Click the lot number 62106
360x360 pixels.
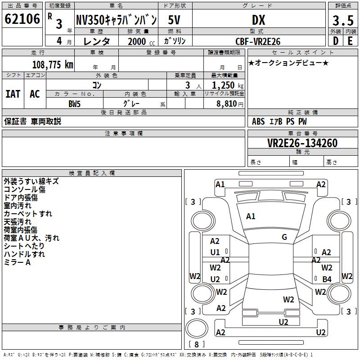click(22, 19)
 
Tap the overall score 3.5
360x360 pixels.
click(343, 20)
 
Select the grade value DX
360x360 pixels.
click(258, 20)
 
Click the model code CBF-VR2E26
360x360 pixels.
click(258, 41)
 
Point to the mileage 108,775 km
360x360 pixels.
click(53, 64)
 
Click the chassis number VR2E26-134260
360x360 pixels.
click(302, 143)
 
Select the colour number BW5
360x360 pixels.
click(74, 104)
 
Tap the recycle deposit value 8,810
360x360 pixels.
click(226, 103)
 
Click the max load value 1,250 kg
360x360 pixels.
click(228, 85)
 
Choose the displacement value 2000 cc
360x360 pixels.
click(141, 41)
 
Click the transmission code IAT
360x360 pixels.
click(13, 94)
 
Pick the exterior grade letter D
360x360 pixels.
click(336, 41)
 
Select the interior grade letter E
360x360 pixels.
click(350, 41)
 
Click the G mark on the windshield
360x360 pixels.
click(284, 237)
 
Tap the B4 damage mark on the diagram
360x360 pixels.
click(327, 279)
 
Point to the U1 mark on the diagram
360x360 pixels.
click(215, 252)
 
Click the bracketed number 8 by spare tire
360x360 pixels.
click(197, 344)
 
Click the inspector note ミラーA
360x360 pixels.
click(17, 262)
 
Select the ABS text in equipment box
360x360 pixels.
click(258, 121)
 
